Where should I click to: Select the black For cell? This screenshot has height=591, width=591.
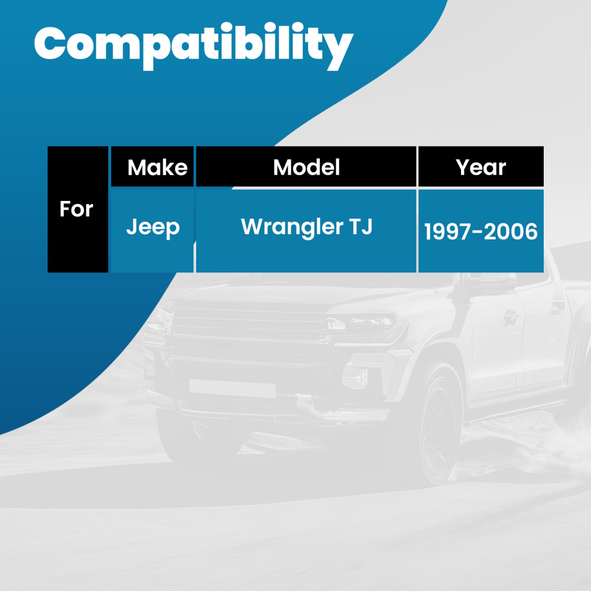[77, 209]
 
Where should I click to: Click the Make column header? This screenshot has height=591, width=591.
[157, 167]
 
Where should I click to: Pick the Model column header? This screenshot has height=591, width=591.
[306, 167]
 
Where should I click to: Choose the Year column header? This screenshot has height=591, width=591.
[480, 167]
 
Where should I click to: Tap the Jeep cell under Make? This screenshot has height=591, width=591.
[152, 228]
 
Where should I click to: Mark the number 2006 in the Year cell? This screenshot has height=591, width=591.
[511, 232]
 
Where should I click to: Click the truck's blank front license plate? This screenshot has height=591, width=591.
[232, 388]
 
